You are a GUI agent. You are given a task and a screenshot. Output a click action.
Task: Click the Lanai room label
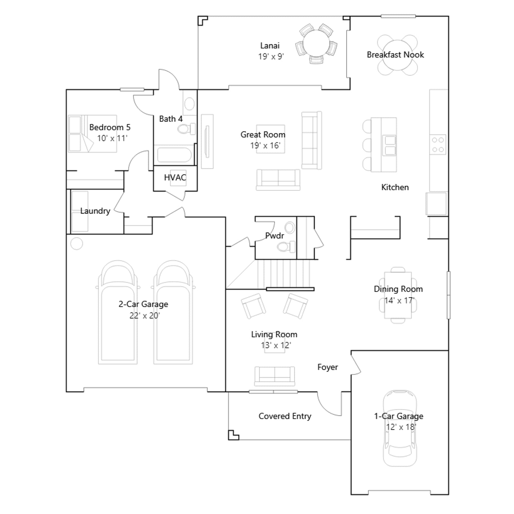[x=270, y=46]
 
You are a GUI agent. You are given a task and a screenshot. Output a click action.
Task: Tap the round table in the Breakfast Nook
[x=397, y=55]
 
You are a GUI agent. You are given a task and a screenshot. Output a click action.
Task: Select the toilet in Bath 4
[x=186, y=129]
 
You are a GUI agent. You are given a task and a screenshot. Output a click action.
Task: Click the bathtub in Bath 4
[x=174, y=155]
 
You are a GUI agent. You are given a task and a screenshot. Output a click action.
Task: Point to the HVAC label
[x=175, y=178]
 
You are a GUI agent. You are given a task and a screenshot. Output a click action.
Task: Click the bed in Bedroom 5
[x=92, y=133]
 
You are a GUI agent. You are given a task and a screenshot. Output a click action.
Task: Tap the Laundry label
[x=95, y=211]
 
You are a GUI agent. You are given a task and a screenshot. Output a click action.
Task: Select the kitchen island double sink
[x=390, y=145]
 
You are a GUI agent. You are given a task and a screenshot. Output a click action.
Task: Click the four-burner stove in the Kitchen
[x=438, y=145]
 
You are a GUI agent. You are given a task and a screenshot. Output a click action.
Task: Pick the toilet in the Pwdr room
[x=286, y=247]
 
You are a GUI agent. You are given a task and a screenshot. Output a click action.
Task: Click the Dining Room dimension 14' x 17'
[x=399, y=301]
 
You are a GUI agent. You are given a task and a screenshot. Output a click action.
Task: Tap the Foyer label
[x=328, y=367]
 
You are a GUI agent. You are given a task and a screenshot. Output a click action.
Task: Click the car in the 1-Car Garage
[x=400, y=429]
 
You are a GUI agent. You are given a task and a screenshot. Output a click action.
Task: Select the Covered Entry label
[x=285, y=416]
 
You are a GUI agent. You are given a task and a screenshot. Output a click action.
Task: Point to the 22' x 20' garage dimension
[x=145, y=315]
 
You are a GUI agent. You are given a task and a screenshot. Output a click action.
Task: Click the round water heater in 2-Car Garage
[x=76, y=244]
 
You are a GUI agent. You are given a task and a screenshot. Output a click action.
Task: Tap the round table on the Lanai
[x=316, y=44]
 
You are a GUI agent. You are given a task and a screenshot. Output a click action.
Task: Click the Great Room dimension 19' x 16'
[x=265, y=146]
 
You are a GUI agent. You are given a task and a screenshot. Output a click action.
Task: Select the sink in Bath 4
[x=190, y=104]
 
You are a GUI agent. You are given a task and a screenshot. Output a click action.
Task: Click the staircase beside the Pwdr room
[x=284, y=274]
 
